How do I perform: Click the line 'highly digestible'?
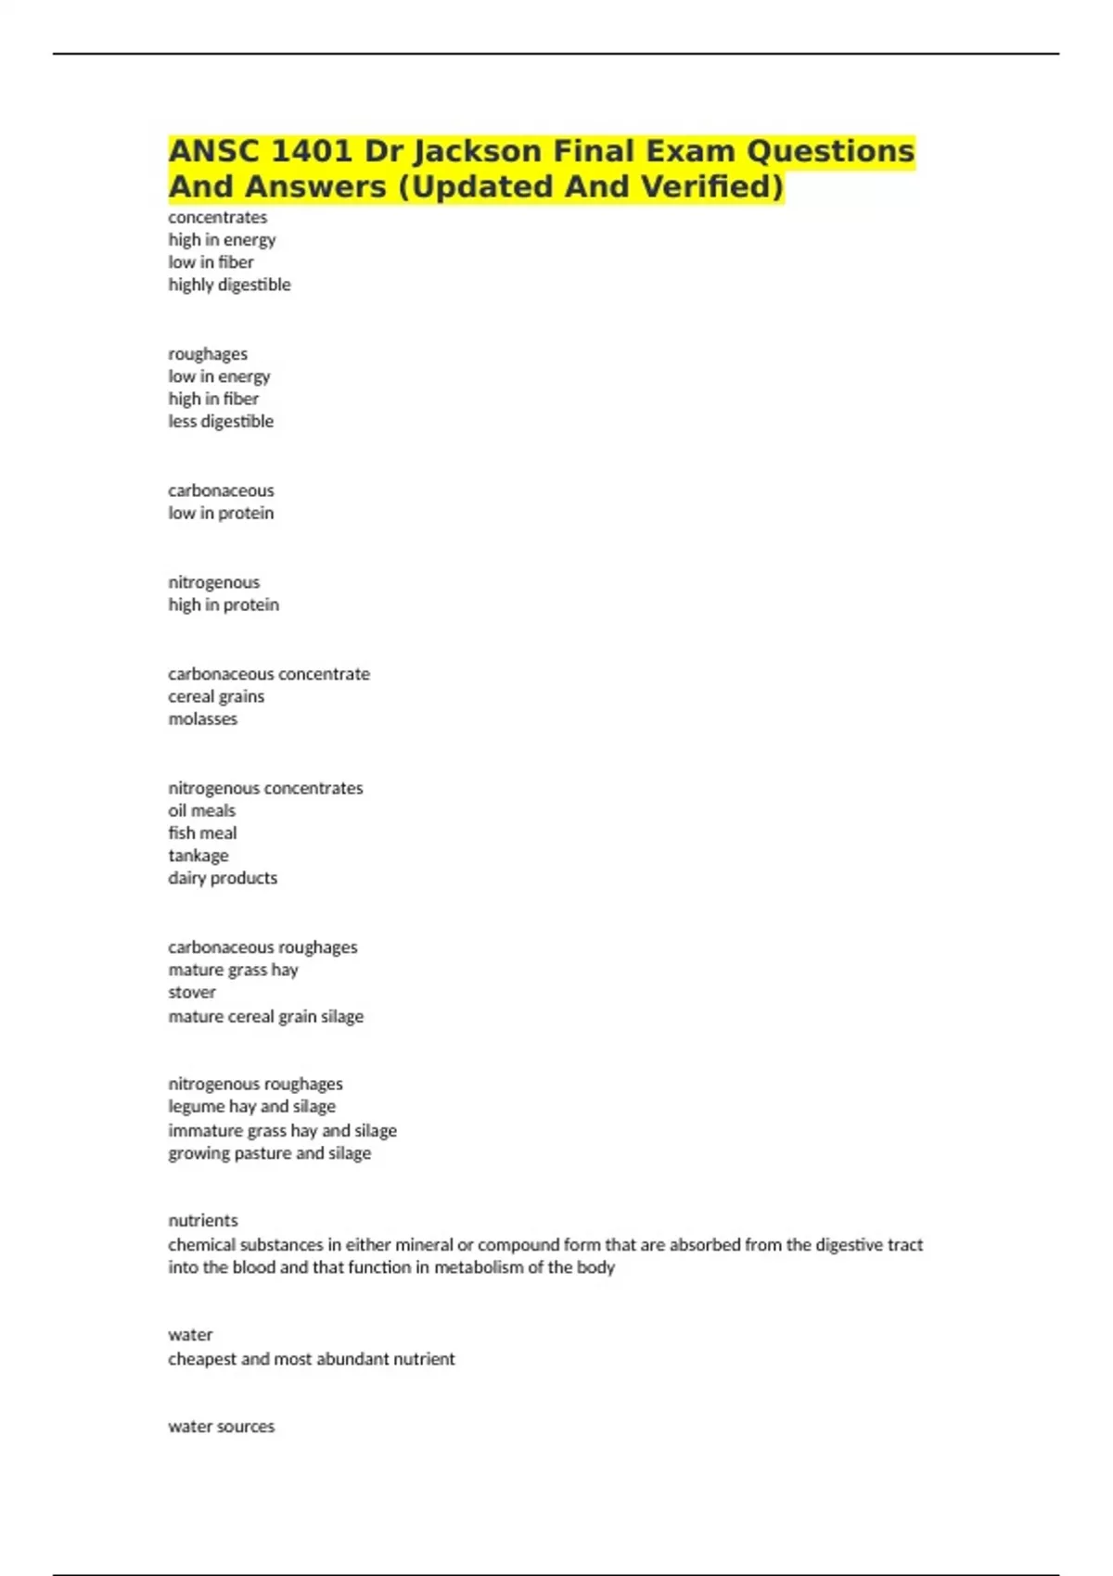pyautogui.click(x=229, y=285)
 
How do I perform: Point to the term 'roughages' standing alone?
pyautogui.click(x=208, y=354)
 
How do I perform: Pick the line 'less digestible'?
pyautogui.click(x=221, y=421)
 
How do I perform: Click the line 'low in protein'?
pyautogui.click(x=221, y=513)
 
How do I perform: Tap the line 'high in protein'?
pyautogui.click(x=224, y=604)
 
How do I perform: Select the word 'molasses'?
pyautogui.click(x=202, y=718)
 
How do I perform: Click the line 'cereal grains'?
pyautogui.click(x=216, y=696)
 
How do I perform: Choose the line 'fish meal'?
pyautogui.click(x=202, y=832)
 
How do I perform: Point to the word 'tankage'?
pyautogui.click(x=198, y=855)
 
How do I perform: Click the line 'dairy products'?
pyautogui.click(x=223, y=878)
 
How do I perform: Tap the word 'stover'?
pyautogui.click(x=192, y=992)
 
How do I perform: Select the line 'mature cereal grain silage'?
pyautogui.click(x=265, y=1016)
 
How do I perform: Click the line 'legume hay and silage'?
pyautogui.click(x=251, y=1106)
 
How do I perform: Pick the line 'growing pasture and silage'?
pyautogui.click(x=269, y=1153)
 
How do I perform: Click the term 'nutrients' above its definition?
pyautogui.click(x=203, y=1220)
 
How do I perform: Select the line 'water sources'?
pyautogui.click(x=221, y=1427)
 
